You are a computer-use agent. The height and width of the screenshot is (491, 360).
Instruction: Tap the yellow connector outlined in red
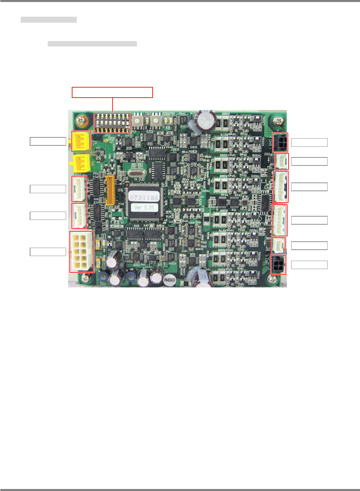(81, 141)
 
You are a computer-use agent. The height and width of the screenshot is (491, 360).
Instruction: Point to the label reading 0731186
(144, 198)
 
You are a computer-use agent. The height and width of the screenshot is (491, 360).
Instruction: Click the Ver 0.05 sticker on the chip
(144, 208)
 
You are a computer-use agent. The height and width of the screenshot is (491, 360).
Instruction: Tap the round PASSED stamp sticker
(170, 280)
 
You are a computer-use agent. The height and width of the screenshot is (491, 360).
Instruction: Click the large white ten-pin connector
(81, 252)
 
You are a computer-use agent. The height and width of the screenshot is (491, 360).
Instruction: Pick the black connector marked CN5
(280, 142)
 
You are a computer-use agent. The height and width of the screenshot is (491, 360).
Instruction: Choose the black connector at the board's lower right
(278, 265)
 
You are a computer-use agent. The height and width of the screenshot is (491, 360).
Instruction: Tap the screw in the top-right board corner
(278, 121)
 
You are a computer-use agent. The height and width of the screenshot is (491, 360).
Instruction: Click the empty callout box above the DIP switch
(112, 92)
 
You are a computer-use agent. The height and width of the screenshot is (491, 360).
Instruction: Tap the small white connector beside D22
(282, 161)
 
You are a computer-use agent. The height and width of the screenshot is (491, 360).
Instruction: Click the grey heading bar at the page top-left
(49, 20)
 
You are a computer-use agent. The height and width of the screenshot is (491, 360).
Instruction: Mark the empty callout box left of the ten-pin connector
(48, 252)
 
